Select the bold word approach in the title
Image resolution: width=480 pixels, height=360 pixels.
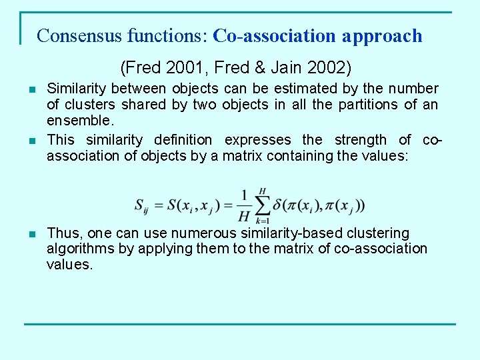point(383,36)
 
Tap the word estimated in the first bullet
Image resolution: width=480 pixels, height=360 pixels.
point(307,89)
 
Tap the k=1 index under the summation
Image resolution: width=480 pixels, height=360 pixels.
point(263,221)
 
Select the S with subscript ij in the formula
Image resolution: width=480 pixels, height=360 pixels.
point(142,205)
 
